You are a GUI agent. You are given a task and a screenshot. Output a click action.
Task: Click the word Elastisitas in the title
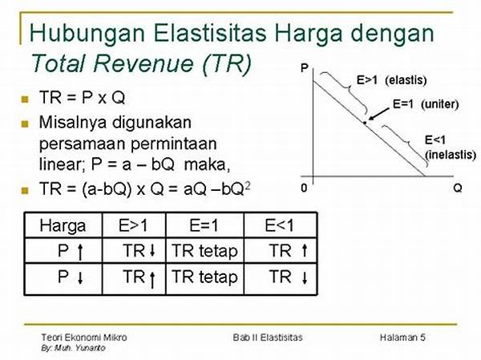(x=210, y=33)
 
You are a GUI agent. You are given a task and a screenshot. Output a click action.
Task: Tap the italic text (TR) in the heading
(x=227, y=63)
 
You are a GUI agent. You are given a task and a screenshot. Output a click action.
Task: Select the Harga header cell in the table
(x=63, y=226)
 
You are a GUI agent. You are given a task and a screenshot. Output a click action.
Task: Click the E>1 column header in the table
(x=133, y=225)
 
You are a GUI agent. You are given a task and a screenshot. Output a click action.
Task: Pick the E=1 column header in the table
(x=204, y=225)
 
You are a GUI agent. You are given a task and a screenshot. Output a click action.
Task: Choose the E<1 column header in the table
(x=279, y=225)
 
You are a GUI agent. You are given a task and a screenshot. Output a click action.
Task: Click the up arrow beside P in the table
(x=80, y=252)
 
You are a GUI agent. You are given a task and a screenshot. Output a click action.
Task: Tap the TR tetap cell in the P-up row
(x=204, y=251)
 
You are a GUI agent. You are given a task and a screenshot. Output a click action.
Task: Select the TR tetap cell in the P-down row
(x=204, y=277)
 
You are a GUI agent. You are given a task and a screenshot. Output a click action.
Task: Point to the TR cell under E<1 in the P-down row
(x=289, y=277)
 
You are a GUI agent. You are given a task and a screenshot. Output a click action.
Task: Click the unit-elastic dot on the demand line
(x=365, y=123)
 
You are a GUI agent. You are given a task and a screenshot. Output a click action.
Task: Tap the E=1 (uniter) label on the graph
(x=426, y=104)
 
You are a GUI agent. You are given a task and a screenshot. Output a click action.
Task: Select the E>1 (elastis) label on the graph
(x=391, y=80)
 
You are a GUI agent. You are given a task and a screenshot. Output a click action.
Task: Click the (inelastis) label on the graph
(x=451, y=154)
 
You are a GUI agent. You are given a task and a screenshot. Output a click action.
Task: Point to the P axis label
(x=305, y=68)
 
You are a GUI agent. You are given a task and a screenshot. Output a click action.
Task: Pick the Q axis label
(x=458, y=188)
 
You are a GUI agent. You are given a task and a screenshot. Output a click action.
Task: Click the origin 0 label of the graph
(x=304, y=188)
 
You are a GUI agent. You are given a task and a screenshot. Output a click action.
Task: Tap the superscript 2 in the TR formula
(x=248, y=186)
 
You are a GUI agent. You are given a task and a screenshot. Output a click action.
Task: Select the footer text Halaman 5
(x=402, y=338)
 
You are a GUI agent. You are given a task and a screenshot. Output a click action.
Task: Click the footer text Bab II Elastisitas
(x=268, y=338)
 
